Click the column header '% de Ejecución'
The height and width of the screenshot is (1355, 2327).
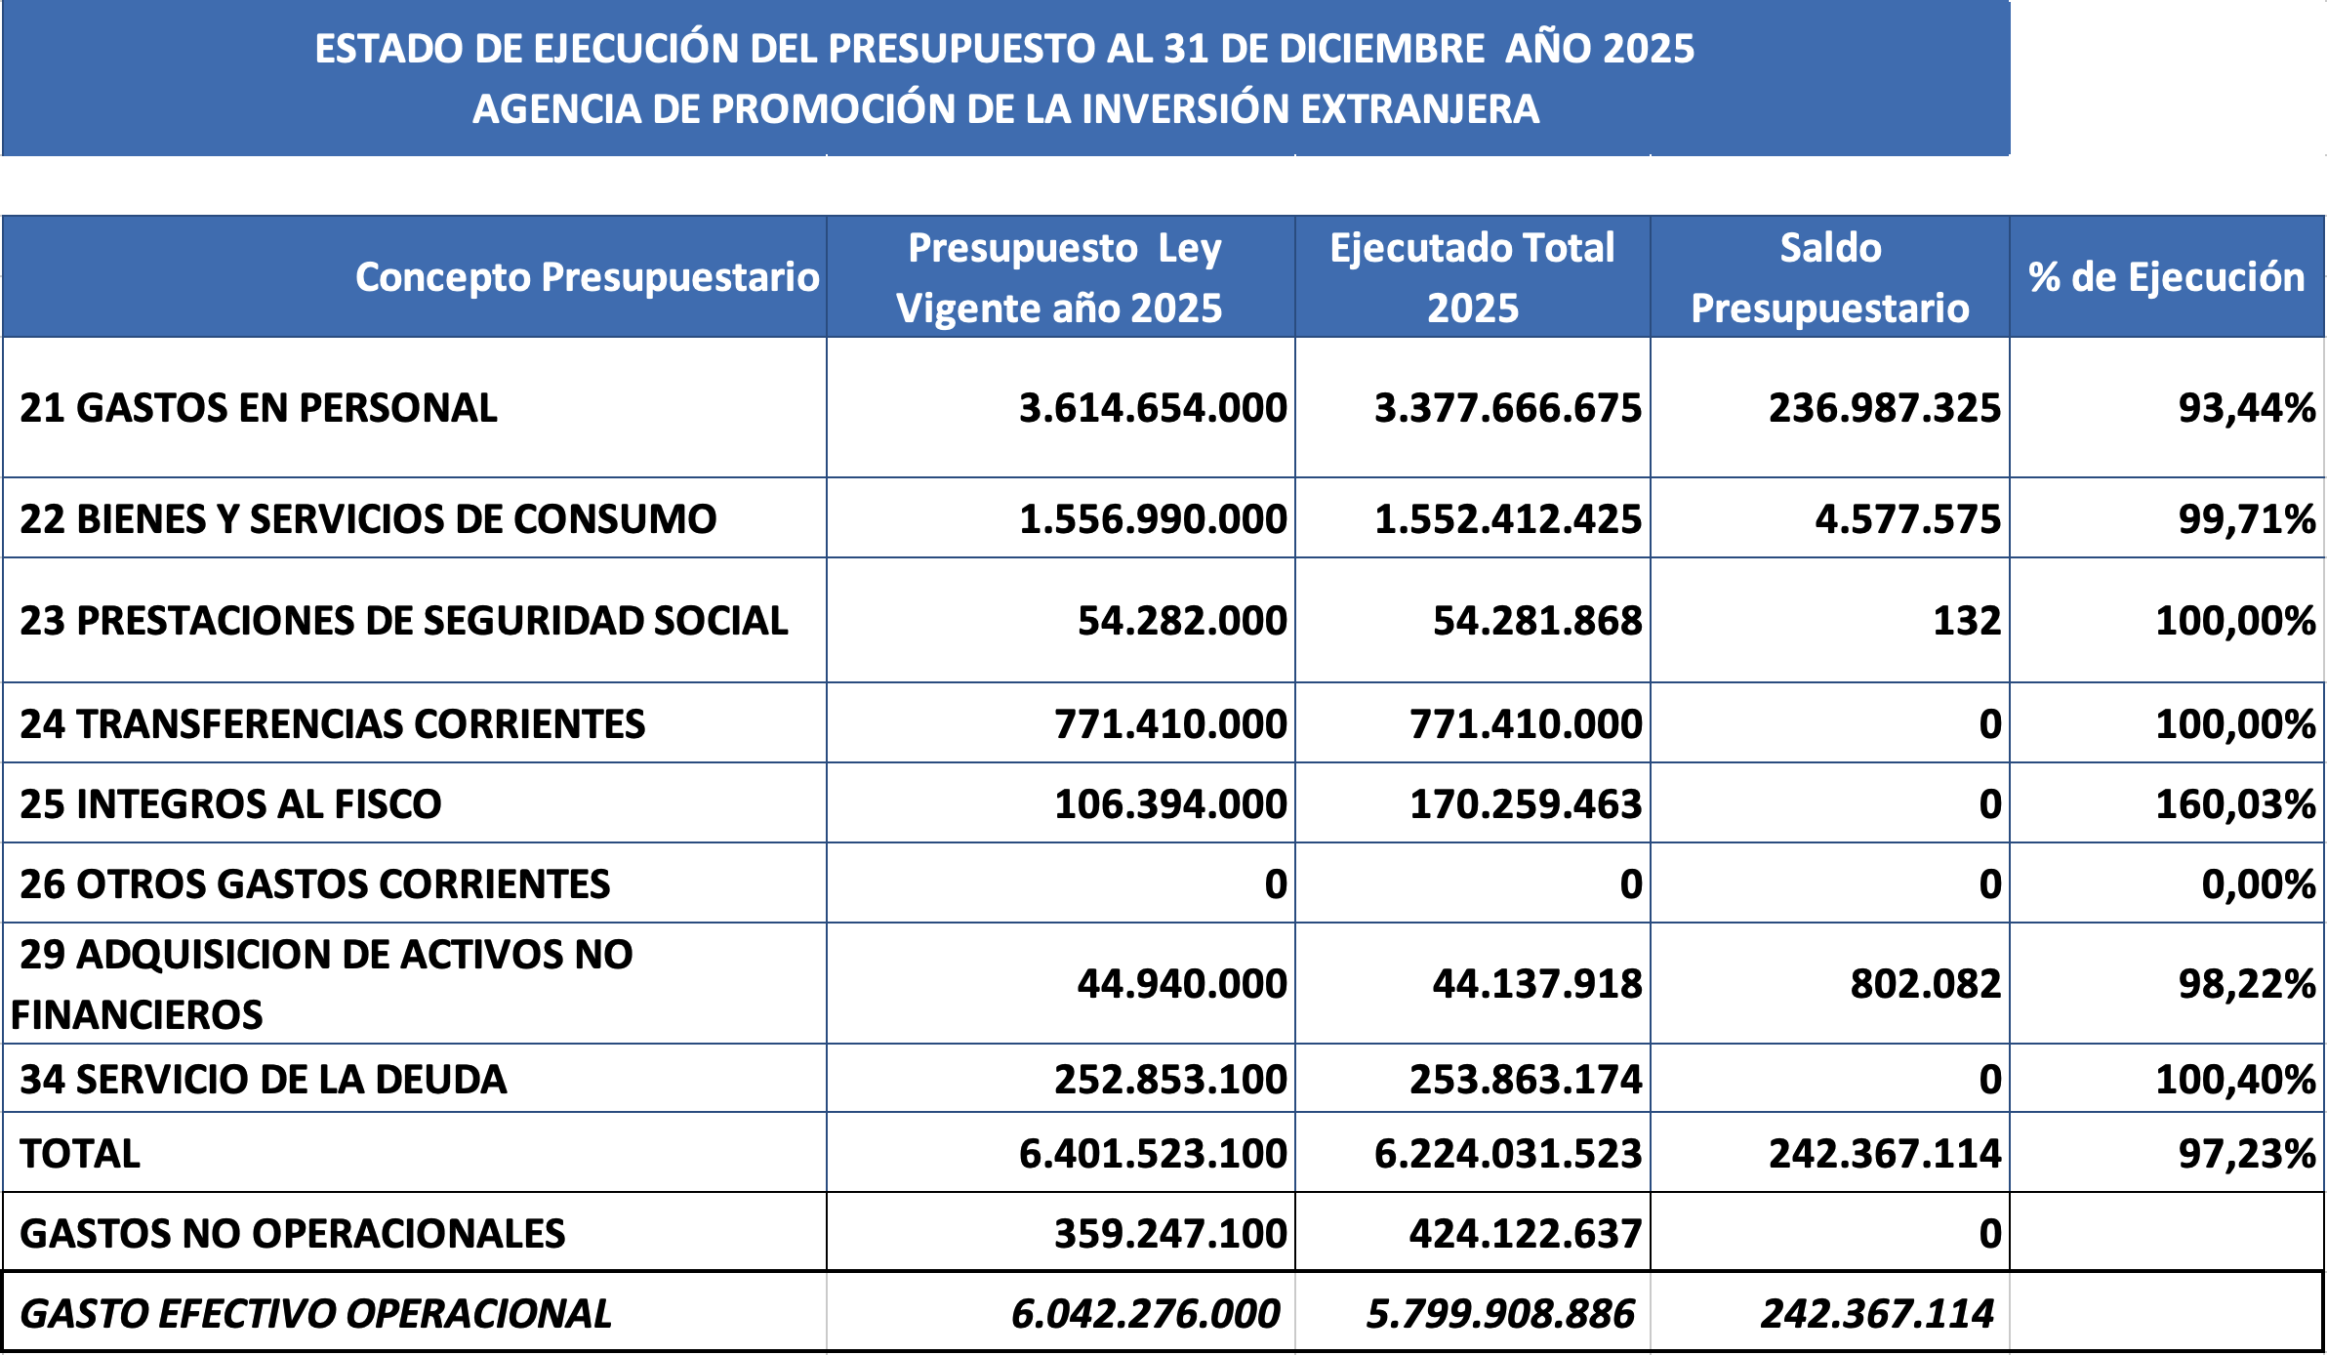pyautogui.click(x=2166, y=277)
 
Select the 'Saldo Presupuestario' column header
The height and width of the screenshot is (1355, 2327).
pyautogui.click(x=1830, y=278)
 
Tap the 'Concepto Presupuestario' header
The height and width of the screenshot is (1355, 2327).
pyautogui.click(x=587, y=277)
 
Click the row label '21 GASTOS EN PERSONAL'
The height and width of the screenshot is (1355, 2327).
pyautogui.click(x=259, y=408)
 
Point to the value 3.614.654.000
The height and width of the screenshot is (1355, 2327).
pyautogui.click(x=1153, y=408)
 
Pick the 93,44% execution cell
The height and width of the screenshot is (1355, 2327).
pyautogui.click(x=2246, y=408)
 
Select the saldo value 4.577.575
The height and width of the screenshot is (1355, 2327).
pyautogui.click(x=1907, y=519)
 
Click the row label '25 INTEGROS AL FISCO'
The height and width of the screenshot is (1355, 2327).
pyautogui.click(x=230, y=804)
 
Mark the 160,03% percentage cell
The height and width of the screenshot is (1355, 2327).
pyautogui.click(x=2234, y=804)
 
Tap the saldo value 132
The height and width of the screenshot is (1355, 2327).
pyautogui.click(x=1967, y=621)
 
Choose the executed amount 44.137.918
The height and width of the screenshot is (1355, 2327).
pyautogui.click(x=1536, y=984)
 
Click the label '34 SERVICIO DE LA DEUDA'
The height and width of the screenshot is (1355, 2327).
pyautogui.click(x=263, y=1080)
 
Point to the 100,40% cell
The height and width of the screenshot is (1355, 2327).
pyautogui.click(x=2234, y=1080)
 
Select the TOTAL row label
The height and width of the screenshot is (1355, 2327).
pyautogui.click(x=80, y=1154)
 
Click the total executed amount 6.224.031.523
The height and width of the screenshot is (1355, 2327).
pyautogui.click(x=1507, y=1154)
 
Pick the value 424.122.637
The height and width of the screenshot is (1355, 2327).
pyautogui.click(x=1525, y=1234)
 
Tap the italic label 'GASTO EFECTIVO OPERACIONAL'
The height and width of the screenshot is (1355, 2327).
pyautogui.click(x=315, y=1314)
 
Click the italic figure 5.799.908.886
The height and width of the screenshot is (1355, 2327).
pyautogui.click(x=1500, y=1314)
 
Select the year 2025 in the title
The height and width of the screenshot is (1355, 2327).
pyautogui.click(x=1648, y=49)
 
